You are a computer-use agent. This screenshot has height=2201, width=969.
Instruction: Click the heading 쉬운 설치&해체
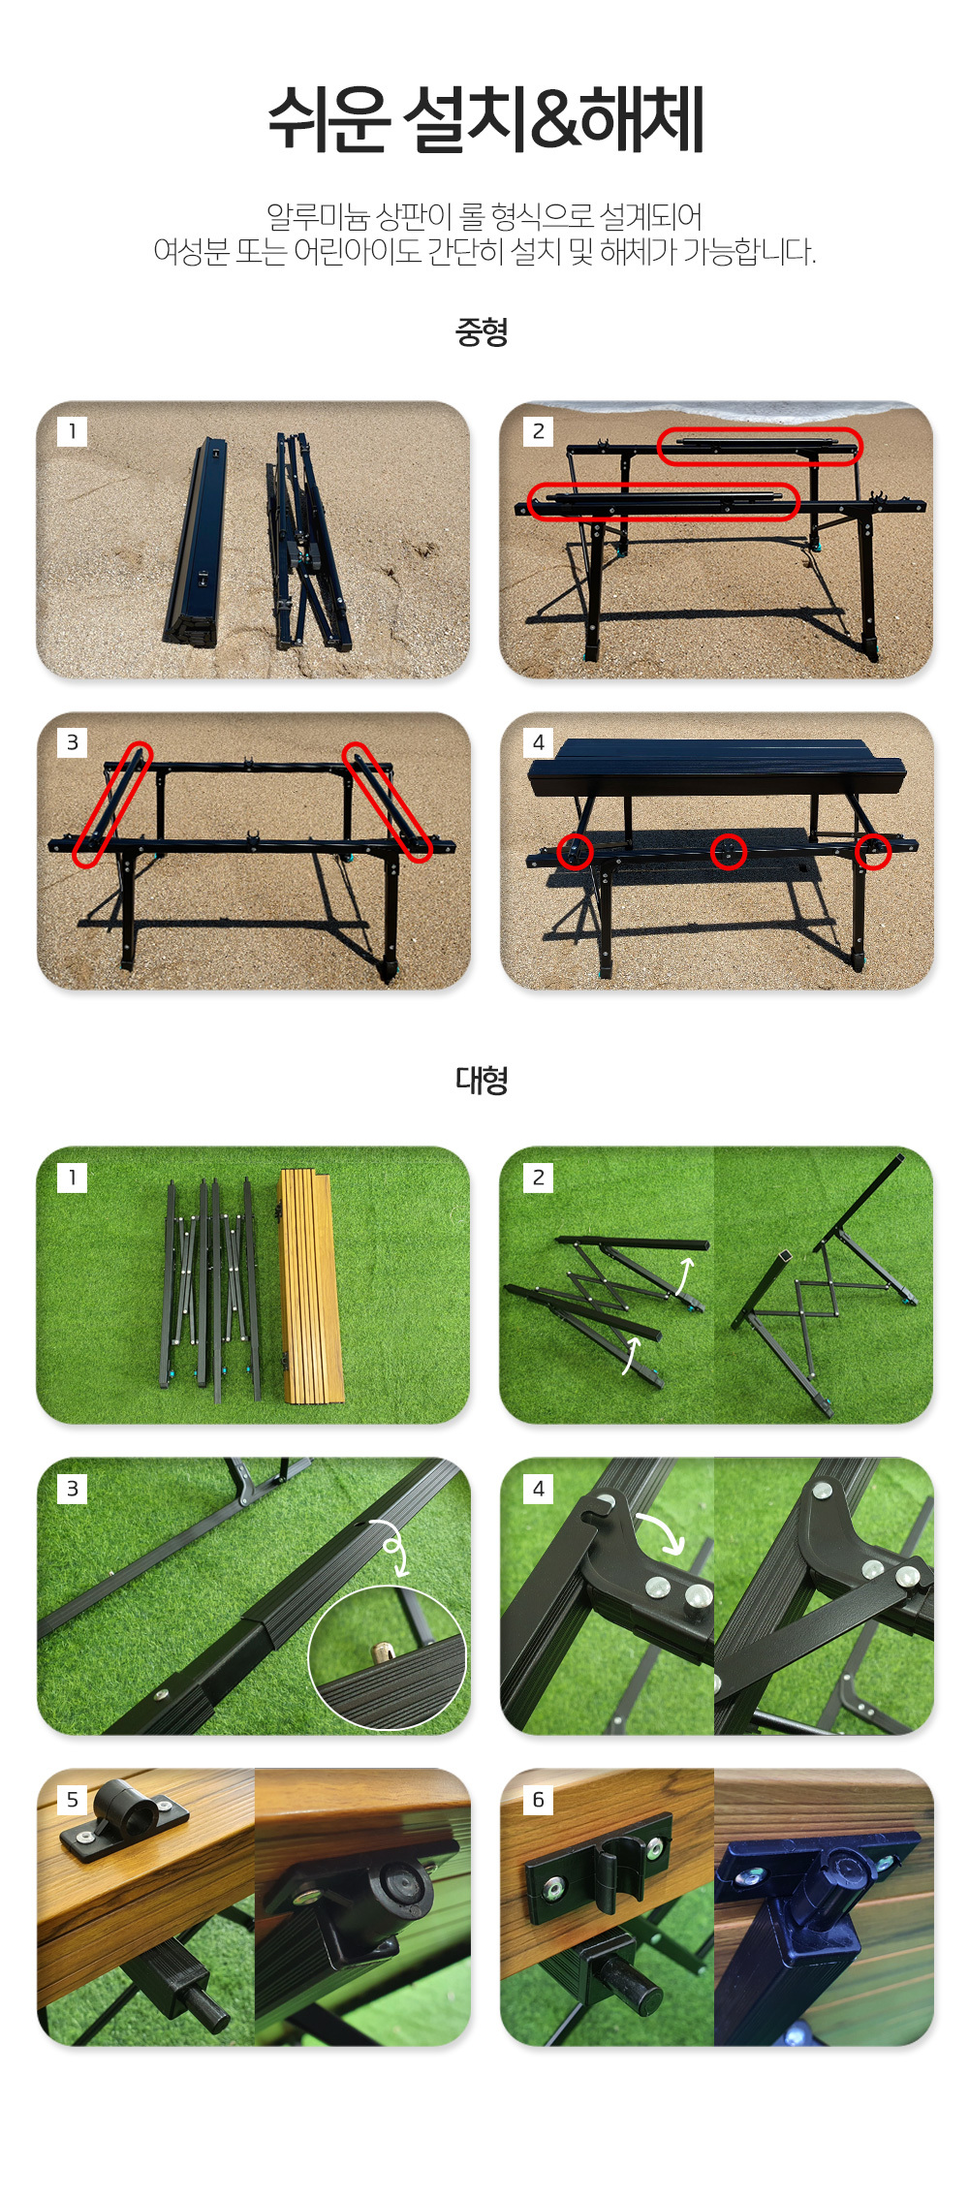coord(485,119)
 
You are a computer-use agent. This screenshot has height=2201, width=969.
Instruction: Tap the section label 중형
coord(482,332)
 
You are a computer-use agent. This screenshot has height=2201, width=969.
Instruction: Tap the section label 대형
coord(482,1080)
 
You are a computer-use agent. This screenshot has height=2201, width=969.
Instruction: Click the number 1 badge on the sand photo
coord(73,431)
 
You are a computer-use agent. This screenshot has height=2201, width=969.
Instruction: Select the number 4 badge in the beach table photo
coord(539,742)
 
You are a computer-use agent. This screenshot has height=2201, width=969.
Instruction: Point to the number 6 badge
coord(539,1800)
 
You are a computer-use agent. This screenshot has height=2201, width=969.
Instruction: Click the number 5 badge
coord(73,1800)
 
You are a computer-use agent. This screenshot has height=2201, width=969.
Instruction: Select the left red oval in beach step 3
coord(113,804)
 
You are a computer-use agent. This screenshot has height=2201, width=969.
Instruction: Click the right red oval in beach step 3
coord(388,802)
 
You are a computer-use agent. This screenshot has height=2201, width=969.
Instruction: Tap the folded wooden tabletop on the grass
coord(305,1286)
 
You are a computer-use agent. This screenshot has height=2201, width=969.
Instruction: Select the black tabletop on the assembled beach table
coord(716,768)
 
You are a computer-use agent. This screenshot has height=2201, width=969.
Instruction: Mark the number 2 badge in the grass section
coord(539,1178)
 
